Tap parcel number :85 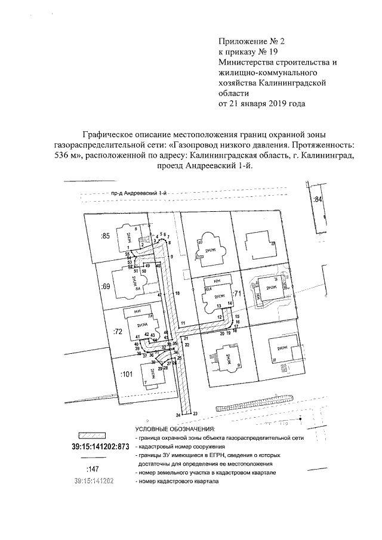click(106, 236)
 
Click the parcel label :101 click(126, 374)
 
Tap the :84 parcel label click(318, 199)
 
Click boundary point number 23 click(195, 414)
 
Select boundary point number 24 click(178, 414)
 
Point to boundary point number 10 click(178, 293)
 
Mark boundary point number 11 click(184, 323)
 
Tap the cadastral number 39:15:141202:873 click(100, 446)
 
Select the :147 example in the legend click(93, 469)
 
